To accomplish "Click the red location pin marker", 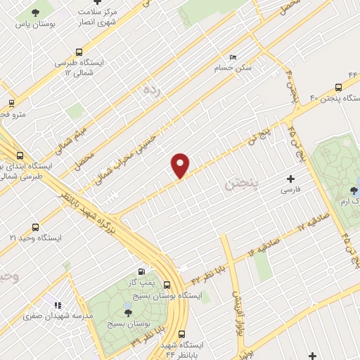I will (x=181, y=165).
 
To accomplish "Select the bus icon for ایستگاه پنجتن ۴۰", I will (x=339, y=88).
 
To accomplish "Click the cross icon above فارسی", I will (x=290, y=179).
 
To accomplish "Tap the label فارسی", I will (x=290, y=190).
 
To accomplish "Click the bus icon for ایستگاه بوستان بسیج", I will (x=167, y=285).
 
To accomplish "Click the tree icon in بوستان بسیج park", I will (x=127, y=314).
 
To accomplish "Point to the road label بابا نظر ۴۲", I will (x=204, y=269).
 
